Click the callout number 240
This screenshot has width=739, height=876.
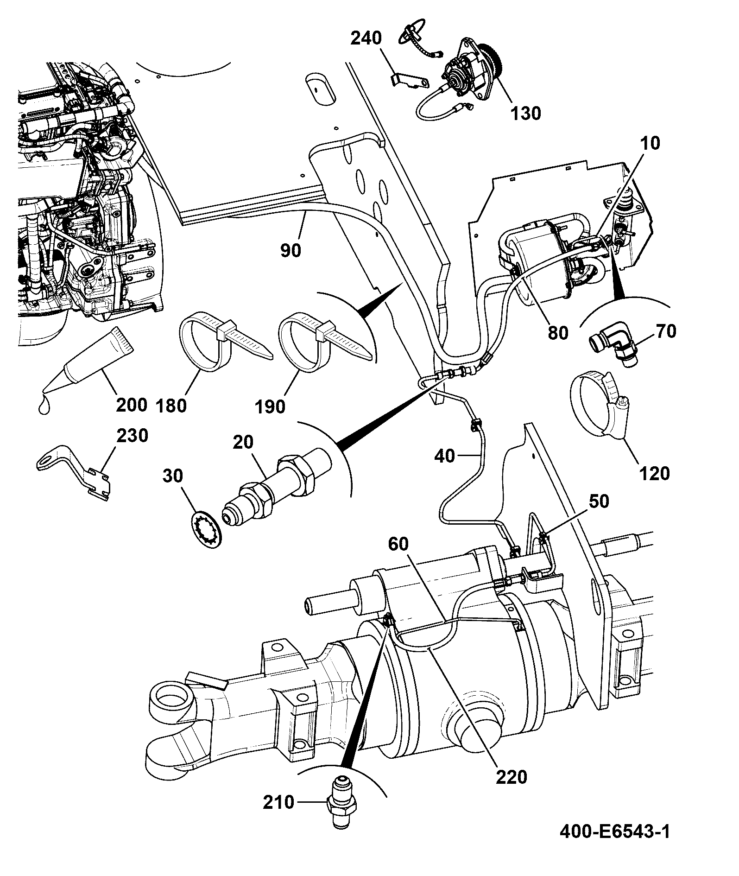pyautogui.click(x=366, y=38)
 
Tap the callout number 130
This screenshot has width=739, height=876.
pyautogui.click(x=525, y=113)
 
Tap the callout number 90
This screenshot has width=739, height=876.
pyautogui.click(x=291, y=250)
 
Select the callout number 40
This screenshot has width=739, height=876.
pyautogui.click(x=445, y=457)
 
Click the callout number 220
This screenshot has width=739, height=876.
pyautogui.click(x=512, y=777)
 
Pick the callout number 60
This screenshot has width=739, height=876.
pyautogui.click(x=399, y=544)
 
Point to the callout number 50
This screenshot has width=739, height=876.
pyautogui.click(x=599, y=501)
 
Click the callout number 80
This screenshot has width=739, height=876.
pyautogui.click(x=557, y=332)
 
